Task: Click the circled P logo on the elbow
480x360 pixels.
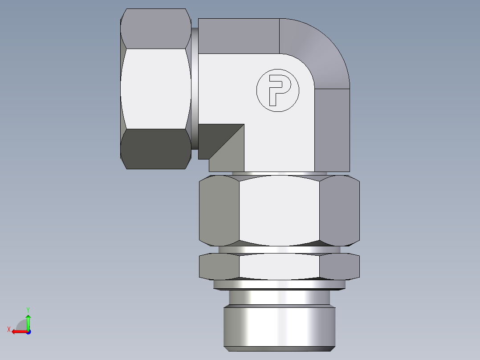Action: point(277,90)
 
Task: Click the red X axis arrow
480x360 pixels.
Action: point(18,331)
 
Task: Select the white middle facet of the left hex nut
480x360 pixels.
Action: point(155,89)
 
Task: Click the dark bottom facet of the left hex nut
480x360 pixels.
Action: point(155,149)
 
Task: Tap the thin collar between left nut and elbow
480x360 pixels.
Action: point(195,89)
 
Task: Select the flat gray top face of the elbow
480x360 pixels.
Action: point(238,36)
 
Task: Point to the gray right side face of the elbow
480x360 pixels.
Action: point(332,129)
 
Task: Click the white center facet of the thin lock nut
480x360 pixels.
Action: point(279,266)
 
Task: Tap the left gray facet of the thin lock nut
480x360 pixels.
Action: point(219,266)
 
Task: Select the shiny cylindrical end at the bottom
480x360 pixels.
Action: point(279,325)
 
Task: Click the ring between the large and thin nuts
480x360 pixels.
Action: point(279,250)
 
